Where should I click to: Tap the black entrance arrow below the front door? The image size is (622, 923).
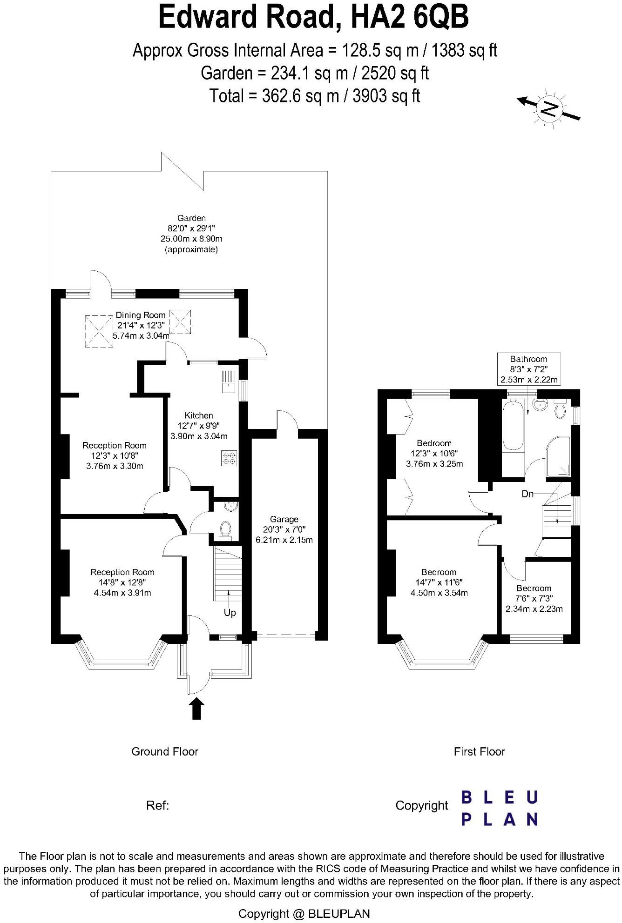click(x=197, y=708)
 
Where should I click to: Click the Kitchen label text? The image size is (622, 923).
click(x=199, y=415)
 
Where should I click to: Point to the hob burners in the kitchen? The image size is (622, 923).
click(x=229, y=458)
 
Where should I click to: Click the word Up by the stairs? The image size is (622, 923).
click(x=230, y=613)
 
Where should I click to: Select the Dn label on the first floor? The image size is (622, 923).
click(x=527, y=494)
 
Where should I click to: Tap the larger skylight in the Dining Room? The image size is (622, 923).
click(x=99, y=331)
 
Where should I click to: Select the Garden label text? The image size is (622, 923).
click(x=191, y=218)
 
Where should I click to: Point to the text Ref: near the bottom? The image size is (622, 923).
click(x=157, y=805)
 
